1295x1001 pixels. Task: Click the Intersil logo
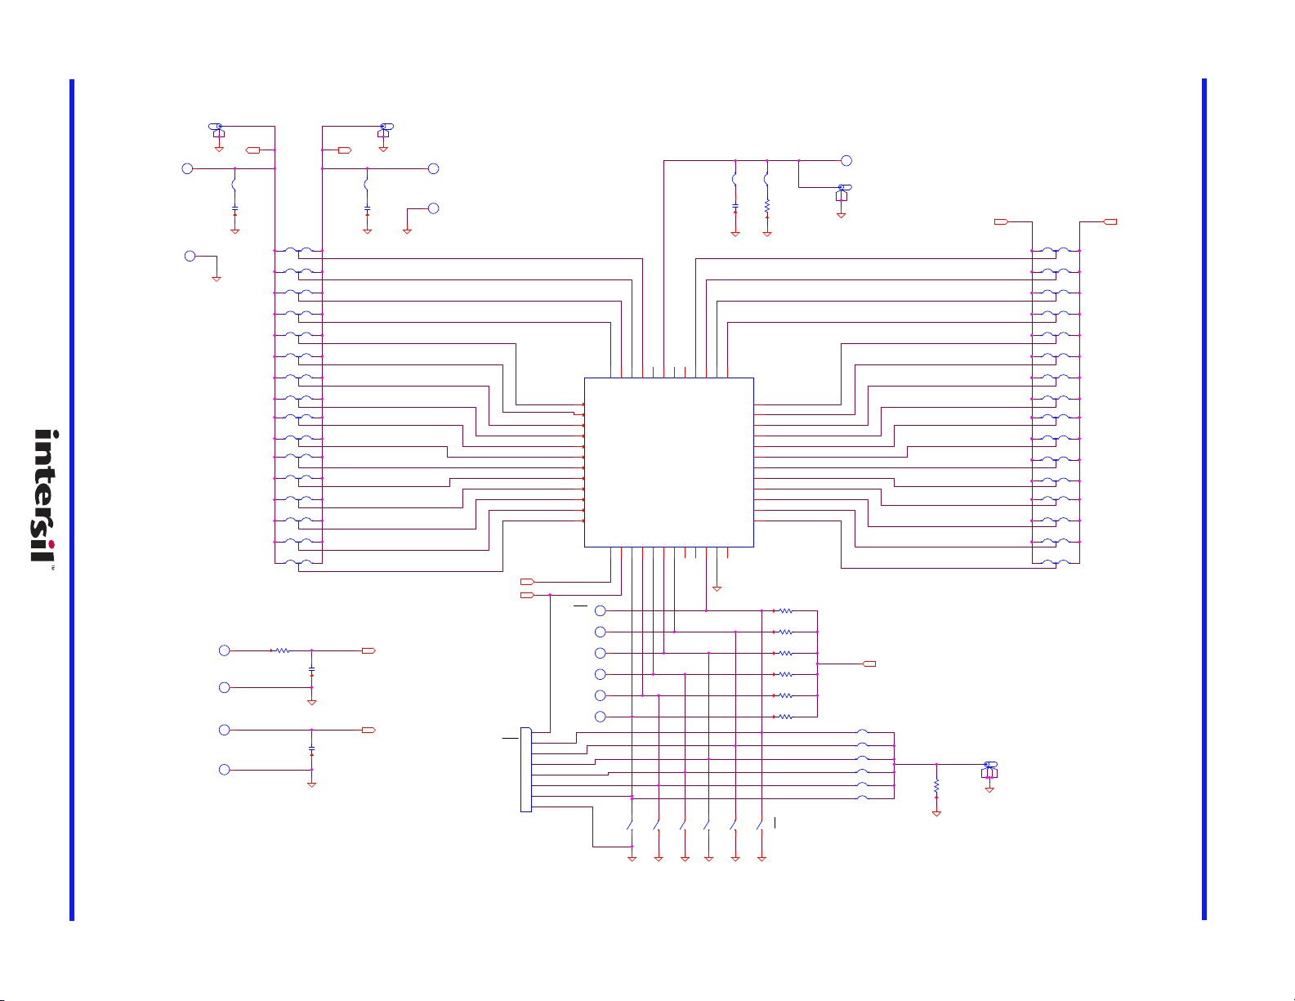45,495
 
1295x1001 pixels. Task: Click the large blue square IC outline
585,463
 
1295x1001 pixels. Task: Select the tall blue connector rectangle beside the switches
526,769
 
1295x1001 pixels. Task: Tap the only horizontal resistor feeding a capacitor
281,650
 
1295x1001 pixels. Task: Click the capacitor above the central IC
735,206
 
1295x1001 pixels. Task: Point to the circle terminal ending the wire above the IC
846,160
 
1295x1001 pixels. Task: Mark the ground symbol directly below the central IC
717,588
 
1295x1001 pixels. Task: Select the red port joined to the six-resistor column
869,664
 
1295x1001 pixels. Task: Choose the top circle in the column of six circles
601,610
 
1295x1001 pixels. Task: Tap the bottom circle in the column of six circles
601,717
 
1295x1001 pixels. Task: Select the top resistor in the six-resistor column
785,610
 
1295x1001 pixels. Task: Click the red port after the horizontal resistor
369,650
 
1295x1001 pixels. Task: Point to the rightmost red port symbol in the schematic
1110,221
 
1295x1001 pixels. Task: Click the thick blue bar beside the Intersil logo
72,500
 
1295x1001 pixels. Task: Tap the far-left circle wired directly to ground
190,256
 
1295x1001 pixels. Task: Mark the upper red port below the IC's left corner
528,582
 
